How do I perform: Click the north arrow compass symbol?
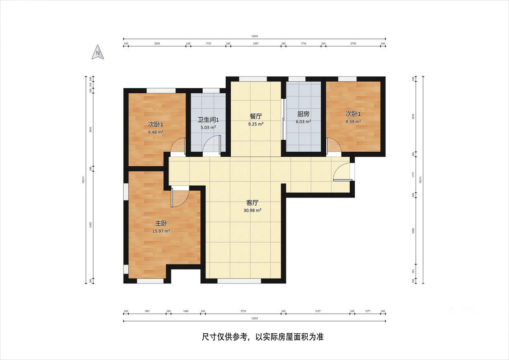[x=98, y=53]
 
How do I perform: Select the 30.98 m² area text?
[x=252, y=210]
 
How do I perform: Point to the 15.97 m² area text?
[x=161, y=231]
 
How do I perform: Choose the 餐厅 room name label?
[x=256, y=116]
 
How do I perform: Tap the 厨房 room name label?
[x=303, y=114]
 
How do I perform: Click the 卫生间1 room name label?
[x=208, y=120]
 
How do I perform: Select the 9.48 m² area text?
[x=156, y=132]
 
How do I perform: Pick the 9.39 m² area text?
[x=353, y=121]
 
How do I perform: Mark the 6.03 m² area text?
[x=303, y=121]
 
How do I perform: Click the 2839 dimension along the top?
[x=157, y=43]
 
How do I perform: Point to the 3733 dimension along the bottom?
[x=243, y=312]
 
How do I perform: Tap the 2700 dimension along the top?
[x=353, y=43]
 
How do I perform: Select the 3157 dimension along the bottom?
[x=318, y=312]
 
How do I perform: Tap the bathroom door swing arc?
[x=210, y=147]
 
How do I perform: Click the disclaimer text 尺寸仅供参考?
[x=225, y=337]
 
